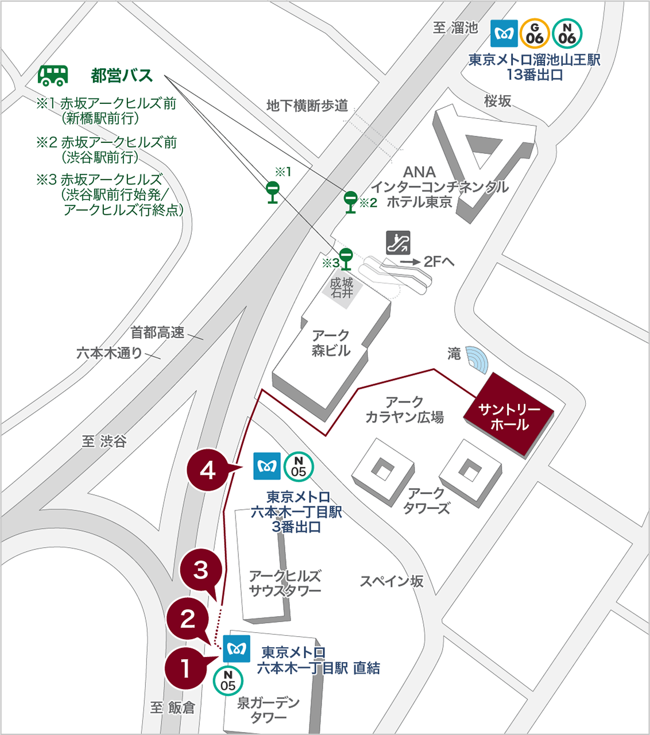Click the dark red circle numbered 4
(x=208, y=470)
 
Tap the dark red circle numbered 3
(x=200, y=570)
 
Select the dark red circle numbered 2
(x=188, y=618)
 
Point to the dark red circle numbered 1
(x=185, y=668)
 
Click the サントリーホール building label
(x=509, y=416)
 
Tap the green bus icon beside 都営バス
(x=53, y=75)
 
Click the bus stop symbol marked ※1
(x=273, y=192)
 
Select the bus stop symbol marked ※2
(x=350, y=202)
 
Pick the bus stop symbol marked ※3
(x=346, y=258)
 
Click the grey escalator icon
(x=398, y=243)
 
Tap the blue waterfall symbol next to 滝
(x=477, y=359)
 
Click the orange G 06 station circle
(x=535, y=34)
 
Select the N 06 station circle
(x=567, y=34)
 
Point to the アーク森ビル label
(x=331, y=343)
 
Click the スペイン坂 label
(x=392, y=581)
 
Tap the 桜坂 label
(x=497, y=101)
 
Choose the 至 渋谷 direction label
(x=104, y=441)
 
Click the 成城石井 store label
(x=342, y=288)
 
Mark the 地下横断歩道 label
(x=307, y=106)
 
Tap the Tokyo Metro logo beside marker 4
(x=267, y=466)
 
